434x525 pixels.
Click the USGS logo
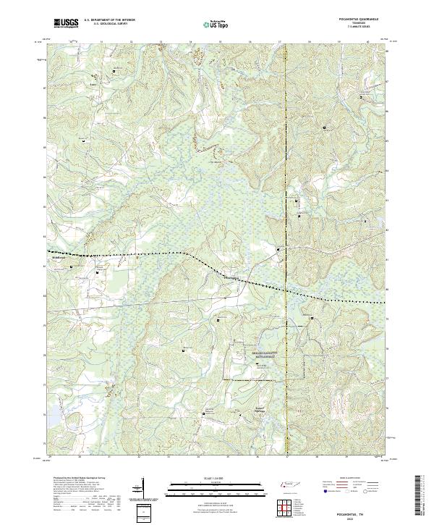point(66,23)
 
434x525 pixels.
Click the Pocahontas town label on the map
point(231,276)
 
